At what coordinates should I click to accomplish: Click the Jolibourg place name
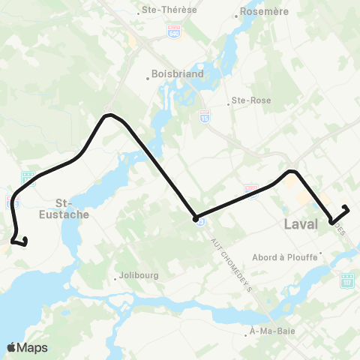pos(140,276)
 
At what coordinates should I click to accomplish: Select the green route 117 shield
pos(347,280)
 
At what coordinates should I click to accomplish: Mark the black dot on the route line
pos(195,218)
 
